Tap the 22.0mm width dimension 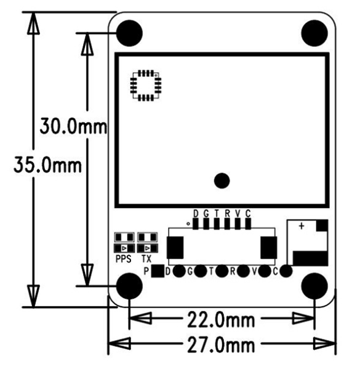(x=222, y=319)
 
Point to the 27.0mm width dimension (x=222, y=343)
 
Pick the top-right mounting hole (x=314, y=33)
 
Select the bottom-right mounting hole (x=314, y=286)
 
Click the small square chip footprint (x=145, y=85)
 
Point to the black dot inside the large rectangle (x=222, y=181)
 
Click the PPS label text (x=124, y=259)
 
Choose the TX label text (x=146, y=259)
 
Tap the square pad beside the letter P (x=158, y=270)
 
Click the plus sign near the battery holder (x=302, y=226)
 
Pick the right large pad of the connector (x=269, y=248)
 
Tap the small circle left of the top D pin (x=188, y=224)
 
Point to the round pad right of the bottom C (x=286, y=270)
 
